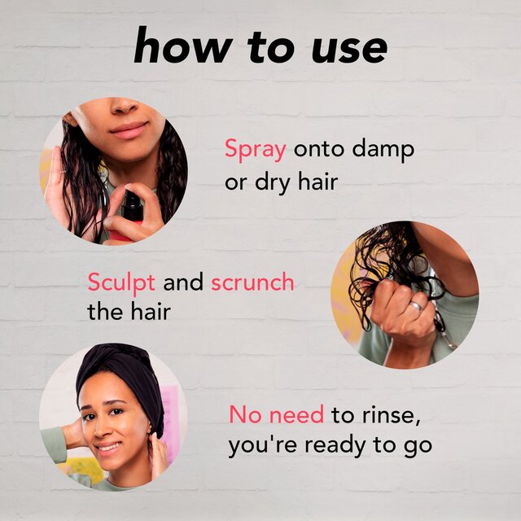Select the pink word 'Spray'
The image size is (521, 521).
255,151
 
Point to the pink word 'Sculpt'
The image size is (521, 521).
122,283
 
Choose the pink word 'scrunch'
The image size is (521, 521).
252,283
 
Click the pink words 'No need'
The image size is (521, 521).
277,415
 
